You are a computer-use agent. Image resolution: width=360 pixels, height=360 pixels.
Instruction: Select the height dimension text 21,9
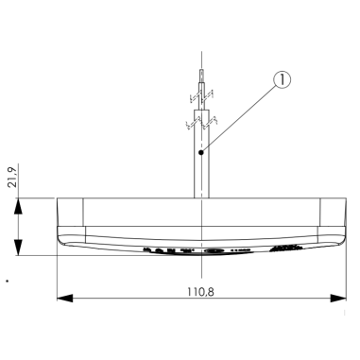(12, 177)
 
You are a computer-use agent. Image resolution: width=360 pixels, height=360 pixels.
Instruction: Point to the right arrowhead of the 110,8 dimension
(337, 300)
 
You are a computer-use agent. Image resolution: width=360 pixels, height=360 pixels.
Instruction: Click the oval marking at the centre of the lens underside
(214, 250)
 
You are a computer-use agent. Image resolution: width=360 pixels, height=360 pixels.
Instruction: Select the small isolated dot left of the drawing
(8, 281)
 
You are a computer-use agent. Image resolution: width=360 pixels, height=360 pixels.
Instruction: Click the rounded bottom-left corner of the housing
(62, 240)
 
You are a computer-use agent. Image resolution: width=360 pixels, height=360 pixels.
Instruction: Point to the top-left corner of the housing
(59, 197)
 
